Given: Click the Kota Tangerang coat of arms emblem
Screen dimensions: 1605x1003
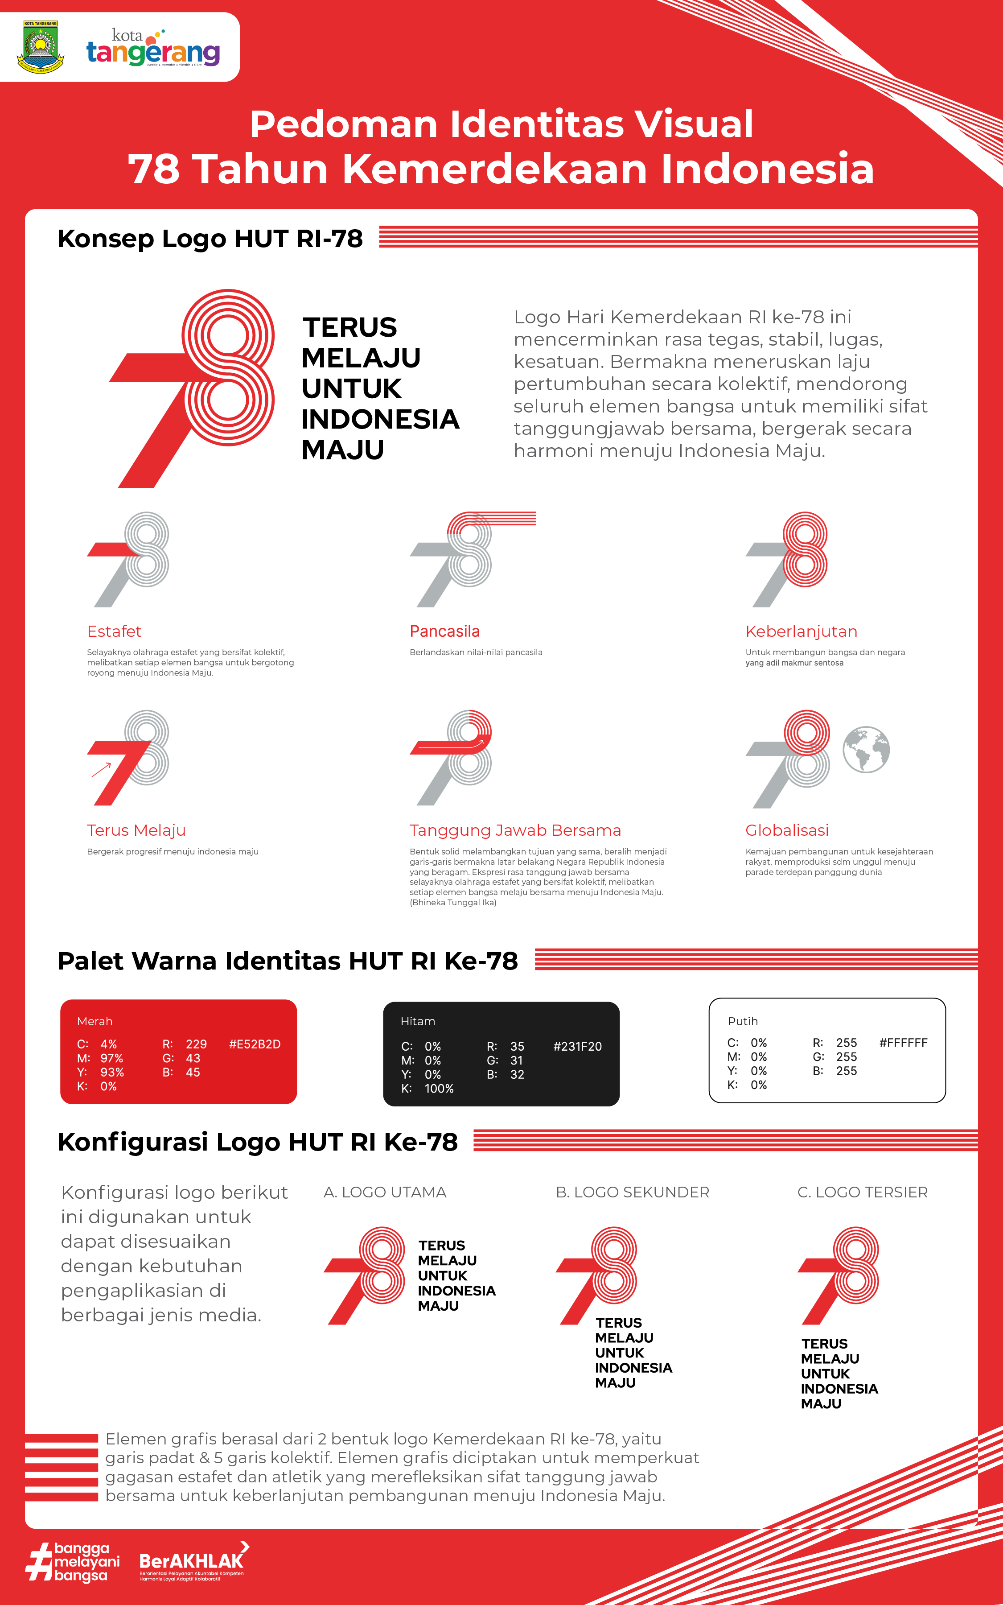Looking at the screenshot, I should pyautogui.click(x=41, y=46).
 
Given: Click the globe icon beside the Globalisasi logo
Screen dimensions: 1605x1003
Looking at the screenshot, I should pyautogui.click(x=866, y=749).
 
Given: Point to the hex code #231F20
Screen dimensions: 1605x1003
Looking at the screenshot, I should pyautogui.click(x=577, y=1046).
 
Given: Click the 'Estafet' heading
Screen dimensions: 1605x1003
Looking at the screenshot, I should pyautogui.click(x=114, y=631).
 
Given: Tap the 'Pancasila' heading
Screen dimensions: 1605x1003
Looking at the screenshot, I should pyautogui.click(x=444, y=631).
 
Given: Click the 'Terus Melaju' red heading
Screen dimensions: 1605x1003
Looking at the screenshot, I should pyautogui.click(x=136, y=830).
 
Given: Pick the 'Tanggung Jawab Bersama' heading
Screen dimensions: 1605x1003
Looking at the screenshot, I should pyautogui.click(x=515, y=830).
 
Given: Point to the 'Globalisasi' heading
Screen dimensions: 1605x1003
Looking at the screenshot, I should pyautogui.click(x=787, y=830).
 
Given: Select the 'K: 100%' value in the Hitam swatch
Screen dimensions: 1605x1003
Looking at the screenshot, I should pyautogui.click(x=428, y=1089).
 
